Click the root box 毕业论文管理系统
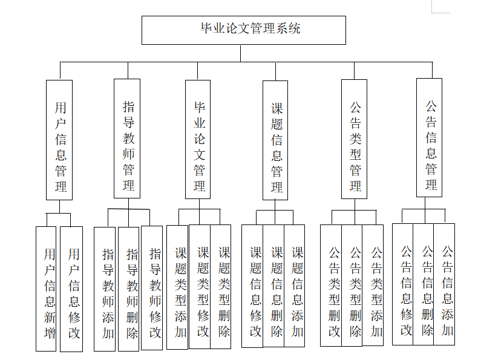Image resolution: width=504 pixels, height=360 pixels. tap(243, 30)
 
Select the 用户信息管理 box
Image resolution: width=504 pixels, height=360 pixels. tap(59, 140)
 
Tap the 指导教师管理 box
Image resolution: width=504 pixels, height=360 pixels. tap(127, 139)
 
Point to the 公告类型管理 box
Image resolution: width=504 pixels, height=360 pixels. tap(354, 139)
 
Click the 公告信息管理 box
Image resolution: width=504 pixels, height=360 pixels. tap(429, 138)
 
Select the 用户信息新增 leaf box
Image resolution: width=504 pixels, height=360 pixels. tap(46, 289)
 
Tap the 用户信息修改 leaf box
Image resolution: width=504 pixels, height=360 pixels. tap(71, 289)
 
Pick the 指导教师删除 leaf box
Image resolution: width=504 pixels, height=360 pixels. tap(128, 289)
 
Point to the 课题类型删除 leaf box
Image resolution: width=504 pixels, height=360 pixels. tap(221, 287)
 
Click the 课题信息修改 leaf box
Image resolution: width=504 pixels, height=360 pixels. tap(252, 286)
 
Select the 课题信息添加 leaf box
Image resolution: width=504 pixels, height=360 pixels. tap(295, 286)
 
